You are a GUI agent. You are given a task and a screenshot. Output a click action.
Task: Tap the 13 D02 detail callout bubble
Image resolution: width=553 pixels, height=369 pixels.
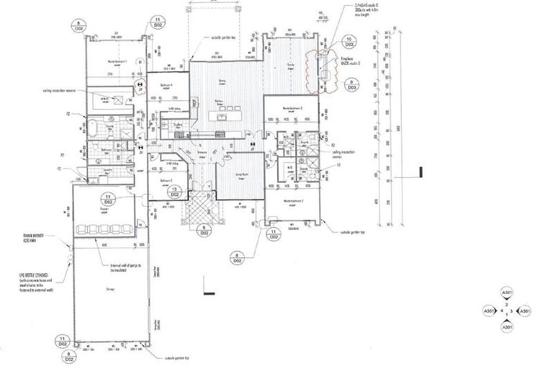point(174,192)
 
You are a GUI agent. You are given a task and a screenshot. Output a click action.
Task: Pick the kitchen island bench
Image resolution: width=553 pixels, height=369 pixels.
point(224,116)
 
